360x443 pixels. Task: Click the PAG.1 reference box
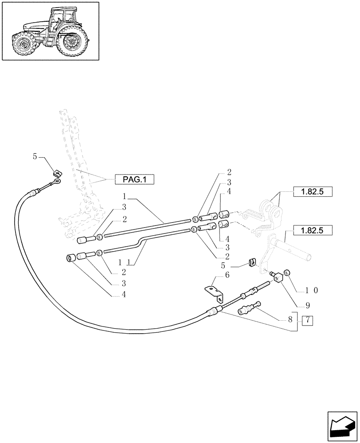tap(133, 179)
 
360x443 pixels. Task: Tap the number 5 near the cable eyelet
tap(35, 156)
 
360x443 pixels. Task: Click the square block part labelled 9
tap(278, 278)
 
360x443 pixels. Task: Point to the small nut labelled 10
tap(287, 272)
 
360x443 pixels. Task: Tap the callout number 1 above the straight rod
tap(125, 195)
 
